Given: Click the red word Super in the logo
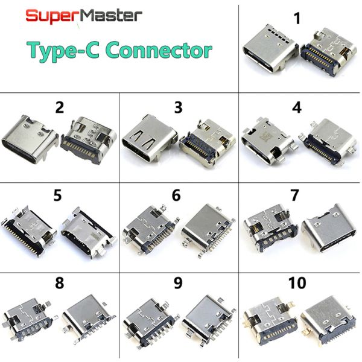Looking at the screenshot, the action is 51,17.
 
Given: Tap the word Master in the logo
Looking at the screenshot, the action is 109,16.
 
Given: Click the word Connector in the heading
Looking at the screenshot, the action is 159,50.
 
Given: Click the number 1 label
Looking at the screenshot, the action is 297,19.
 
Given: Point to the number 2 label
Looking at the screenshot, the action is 60,107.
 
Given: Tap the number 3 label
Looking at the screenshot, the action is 178,107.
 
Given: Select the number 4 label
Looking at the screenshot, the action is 297,107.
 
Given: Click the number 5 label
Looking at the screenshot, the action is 57,195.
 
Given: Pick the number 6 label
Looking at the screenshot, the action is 176,195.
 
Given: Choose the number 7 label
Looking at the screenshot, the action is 294,195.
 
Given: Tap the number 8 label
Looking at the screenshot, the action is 60,283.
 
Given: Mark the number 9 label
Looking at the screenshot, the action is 178,283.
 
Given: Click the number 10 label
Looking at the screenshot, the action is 297,283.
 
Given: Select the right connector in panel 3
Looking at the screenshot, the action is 208,142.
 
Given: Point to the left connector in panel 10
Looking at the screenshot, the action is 270,322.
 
